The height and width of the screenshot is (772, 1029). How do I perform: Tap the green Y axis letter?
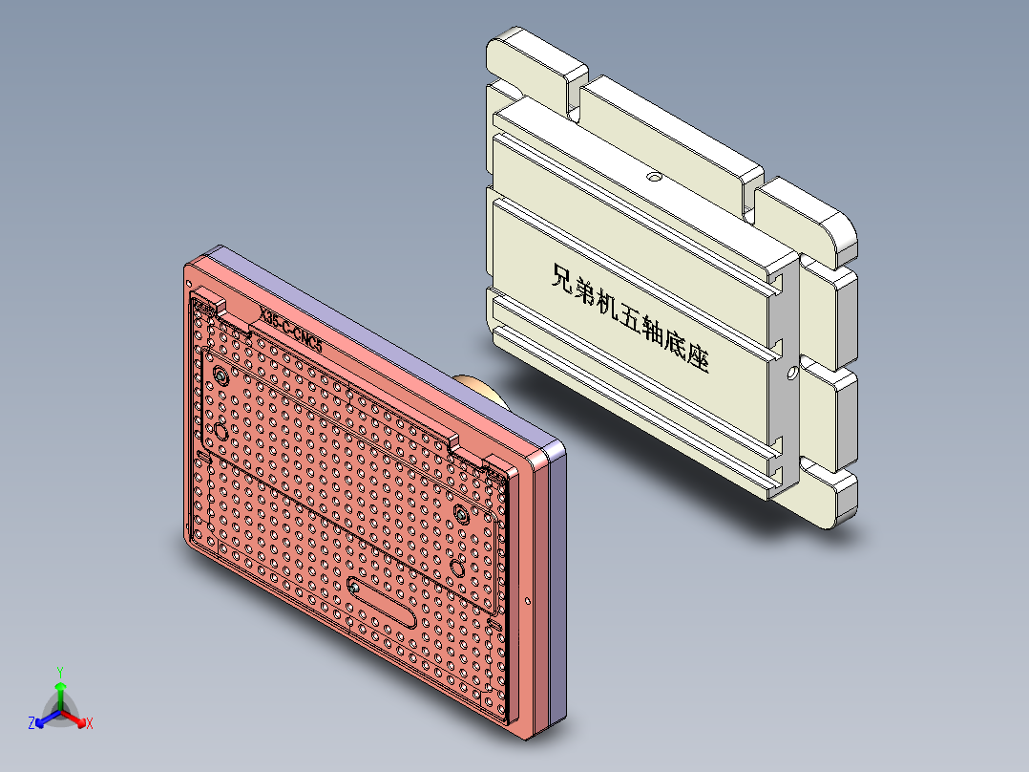[59, 672]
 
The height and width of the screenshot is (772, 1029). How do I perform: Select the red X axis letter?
[90, 724]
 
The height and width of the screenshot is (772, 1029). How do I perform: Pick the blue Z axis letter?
[31, 724]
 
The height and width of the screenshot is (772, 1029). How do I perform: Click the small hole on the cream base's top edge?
[654, 176]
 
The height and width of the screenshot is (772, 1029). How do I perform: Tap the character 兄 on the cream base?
[564, 278]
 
